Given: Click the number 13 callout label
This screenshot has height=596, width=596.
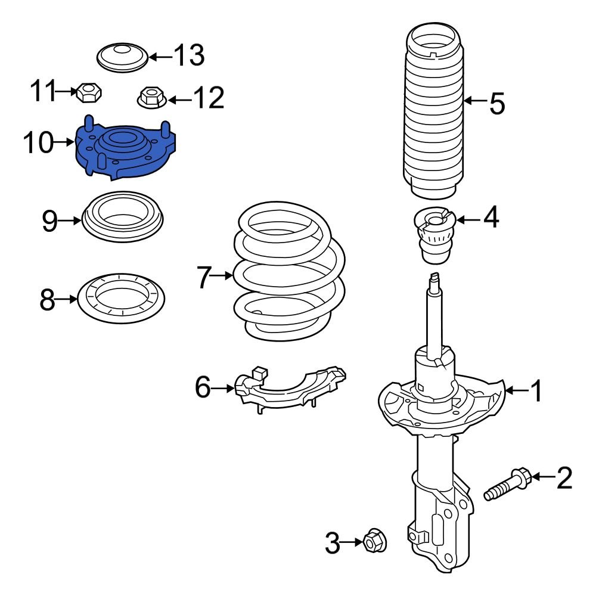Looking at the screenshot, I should coord(189,56).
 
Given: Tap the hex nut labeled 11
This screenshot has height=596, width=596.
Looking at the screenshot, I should coord(88,92).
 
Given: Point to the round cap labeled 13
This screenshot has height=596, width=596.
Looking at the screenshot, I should coord(122,58).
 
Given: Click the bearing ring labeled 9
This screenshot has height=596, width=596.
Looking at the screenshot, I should coord(122,217).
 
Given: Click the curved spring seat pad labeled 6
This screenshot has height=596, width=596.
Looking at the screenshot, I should coord(292,391).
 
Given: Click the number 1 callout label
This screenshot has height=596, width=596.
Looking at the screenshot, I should coord(536,392).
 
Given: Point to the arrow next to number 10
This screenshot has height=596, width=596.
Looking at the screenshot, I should coord(63,142).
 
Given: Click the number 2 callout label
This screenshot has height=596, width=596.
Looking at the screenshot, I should coord(564,478).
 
